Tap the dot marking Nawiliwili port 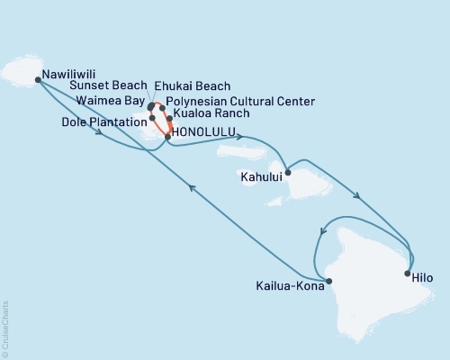pos(38,79)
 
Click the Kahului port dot pos(286,172)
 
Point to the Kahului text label pos(261,178)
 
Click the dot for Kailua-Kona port pos(329,281)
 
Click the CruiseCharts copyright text pos(5,328)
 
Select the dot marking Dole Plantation pos(153,118)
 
